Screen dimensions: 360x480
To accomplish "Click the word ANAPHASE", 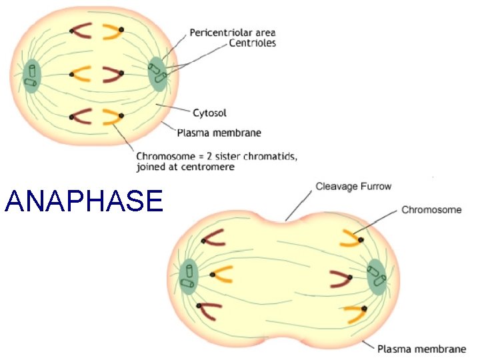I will (83, 201).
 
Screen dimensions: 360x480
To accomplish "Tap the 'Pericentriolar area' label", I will (233, 32).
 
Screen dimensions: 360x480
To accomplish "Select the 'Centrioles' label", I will (252, 43).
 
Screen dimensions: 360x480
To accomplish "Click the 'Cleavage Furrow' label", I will (353, 187).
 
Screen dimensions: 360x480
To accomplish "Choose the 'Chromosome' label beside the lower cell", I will (431, 209).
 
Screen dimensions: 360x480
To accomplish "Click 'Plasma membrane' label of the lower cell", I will (421, 349).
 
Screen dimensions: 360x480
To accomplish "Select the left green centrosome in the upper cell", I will (31, 75).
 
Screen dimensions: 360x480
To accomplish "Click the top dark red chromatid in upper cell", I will (83, 31).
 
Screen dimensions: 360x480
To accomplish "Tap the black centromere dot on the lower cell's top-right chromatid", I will (359, 239).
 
